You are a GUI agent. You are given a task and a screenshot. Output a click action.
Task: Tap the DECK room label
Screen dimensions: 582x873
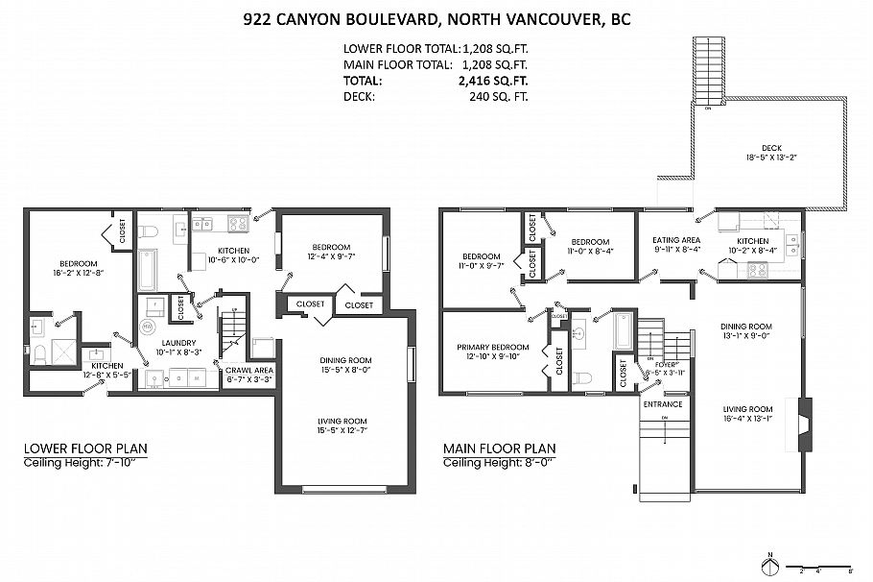click(771, 147)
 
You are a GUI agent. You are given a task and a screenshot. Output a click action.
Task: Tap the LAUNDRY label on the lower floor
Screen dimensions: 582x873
click(178, 343)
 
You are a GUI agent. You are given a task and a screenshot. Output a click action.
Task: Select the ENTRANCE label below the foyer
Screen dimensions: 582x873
click(663, 404)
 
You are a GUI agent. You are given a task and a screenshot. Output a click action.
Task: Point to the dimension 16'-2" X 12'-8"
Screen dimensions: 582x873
click(78, 275)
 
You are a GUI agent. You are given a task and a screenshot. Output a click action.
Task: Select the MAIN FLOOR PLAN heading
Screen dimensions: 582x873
click(498, 449)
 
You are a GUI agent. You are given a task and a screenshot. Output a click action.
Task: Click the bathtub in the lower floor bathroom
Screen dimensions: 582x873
click(147, 270)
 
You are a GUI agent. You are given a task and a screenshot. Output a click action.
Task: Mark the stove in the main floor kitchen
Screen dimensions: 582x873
click(758, 270)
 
